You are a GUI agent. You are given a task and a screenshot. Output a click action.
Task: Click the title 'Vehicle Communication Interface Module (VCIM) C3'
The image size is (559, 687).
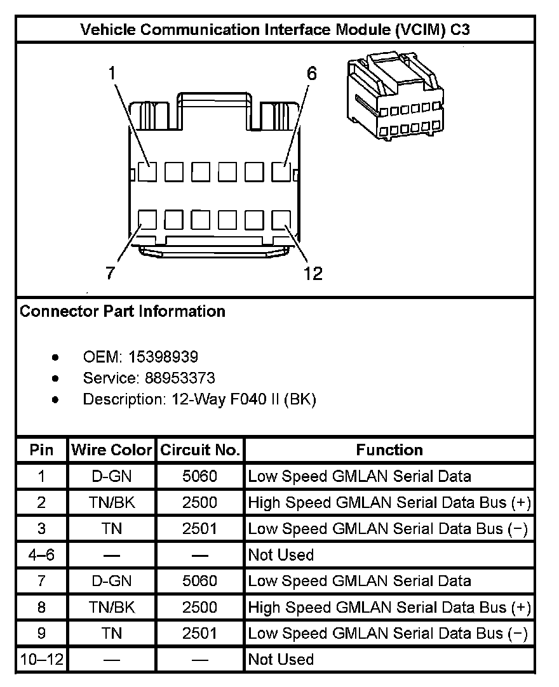[275, 29]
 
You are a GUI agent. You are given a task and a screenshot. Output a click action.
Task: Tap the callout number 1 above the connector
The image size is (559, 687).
[112, 73]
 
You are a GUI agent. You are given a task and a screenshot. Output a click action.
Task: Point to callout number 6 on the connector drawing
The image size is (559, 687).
[311, 73]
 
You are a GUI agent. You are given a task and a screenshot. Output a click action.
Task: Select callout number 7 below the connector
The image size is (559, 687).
[111, 273]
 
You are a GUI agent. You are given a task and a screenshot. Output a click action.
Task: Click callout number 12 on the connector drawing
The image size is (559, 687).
[313, 273]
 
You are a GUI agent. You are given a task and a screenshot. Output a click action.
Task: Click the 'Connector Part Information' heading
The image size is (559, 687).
[123, 311]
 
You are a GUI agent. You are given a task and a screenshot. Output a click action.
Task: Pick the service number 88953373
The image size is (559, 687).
[180, 378]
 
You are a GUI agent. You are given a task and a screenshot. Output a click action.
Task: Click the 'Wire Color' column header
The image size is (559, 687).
[112, 450]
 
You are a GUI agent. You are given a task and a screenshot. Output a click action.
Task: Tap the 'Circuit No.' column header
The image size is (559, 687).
[199, 450]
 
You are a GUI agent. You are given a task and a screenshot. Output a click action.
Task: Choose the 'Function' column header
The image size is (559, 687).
[389, 450]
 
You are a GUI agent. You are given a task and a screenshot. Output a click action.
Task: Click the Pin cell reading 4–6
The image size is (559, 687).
[42, 555]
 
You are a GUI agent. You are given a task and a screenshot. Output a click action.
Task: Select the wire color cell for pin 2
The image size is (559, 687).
[112, 503]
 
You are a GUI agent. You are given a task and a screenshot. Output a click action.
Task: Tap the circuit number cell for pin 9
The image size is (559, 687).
[199, 633]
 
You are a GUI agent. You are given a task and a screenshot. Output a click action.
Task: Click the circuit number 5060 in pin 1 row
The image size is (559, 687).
[199, 476]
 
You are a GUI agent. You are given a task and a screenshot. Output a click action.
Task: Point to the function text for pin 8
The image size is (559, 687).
[389, 607]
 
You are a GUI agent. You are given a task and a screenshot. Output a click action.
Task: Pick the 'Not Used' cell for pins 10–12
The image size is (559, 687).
[281, 660]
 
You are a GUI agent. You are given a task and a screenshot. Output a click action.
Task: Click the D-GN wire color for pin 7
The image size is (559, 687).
[112, 581]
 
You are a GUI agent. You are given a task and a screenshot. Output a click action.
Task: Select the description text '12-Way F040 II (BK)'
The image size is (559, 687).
[244, 399]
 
